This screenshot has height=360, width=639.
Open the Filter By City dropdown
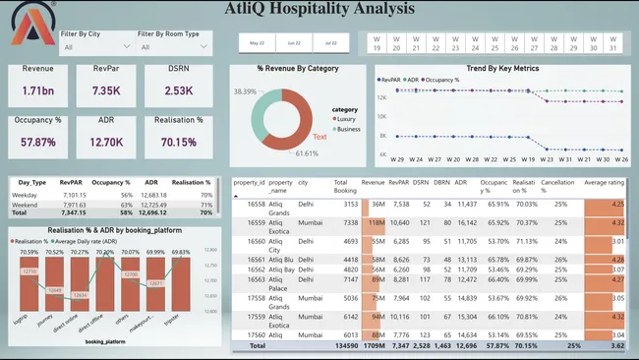click(x=93, y=46)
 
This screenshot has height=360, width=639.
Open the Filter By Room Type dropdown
click(x=173, y=46)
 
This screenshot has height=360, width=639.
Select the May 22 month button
click(x=257, y=43)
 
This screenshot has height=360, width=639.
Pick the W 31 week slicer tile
click(x=611, y=43)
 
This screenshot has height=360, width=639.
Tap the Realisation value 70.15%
click(x=180, y=142)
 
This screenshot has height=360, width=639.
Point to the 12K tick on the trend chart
click(x=382, y=96)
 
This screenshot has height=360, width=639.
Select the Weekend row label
click(x=27, y=204)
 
